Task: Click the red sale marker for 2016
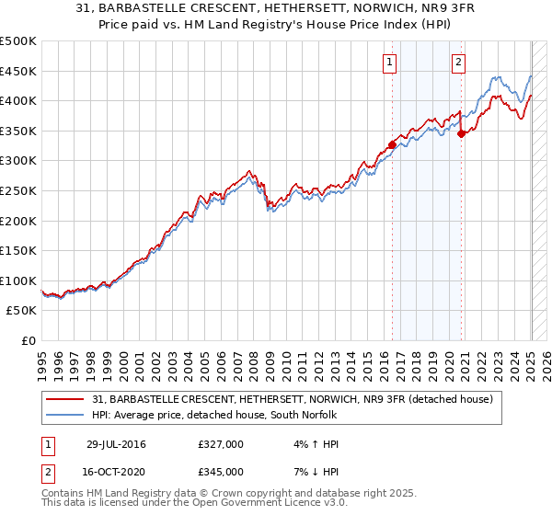(392, 144)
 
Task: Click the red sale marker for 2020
(461, 133)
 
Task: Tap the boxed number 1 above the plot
(390, 63)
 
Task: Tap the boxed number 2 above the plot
(458, 63)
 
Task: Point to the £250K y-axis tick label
(18, 190)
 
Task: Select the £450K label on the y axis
(18, 71)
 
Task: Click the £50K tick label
(21, 311)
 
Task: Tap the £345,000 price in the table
(221, 472)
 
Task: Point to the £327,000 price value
(221, 444)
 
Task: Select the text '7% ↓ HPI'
(313, 472)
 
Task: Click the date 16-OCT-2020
(119, 472)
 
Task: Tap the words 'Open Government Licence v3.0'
(268, 504)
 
